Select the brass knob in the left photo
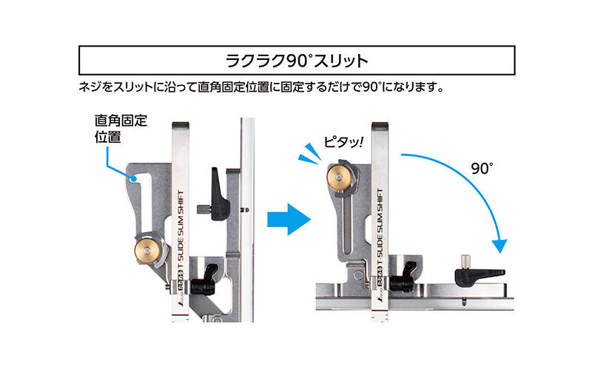[x=149, y=250]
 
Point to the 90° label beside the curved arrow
[x=481, y=169]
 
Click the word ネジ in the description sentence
[x=89, y=87]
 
